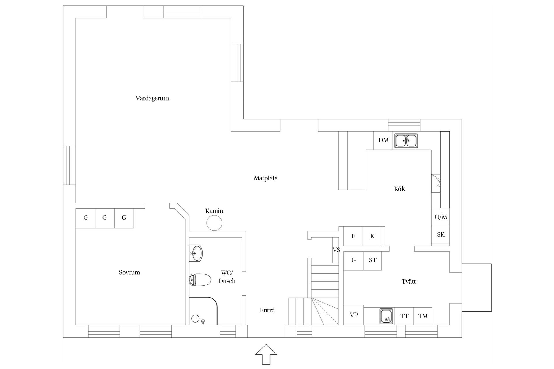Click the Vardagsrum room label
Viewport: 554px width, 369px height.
tap(152, 98)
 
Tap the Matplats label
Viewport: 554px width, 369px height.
tap(265, 178)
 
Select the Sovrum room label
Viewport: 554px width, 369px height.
tap(129, 272)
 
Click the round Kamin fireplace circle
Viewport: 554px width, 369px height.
tap(214, 223)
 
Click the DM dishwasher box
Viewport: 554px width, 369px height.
tap(383, 140)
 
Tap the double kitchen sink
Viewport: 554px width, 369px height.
tap(406, 141)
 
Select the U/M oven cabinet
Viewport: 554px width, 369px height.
tap(441, 217)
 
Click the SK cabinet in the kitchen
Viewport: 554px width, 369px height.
tap(441, 235)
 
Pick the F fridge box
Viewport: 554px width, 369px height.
tap(353, 236)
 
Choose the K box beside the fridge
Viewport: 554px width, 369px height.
tap(372, 236)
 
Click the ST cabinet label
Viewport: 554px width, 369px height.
tap(373, 260)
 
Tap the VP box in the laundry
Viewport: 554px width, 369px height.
tap(353, 315)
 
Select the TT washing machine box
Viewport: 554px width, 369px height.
tap(404, 316)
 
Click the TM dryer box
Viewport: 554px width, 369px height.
tap(423, 316)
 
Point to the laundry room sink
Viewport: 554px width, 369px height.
tap(386, 316)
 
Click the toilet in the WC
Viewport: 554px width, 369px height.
tap(200, 280)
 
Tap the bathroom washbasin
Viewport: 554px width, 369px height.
tap(196, 253)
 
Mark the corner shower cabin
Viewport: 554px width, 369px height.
tap(203, 311)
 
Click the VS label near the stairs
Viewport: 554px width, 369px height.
tap(336, 250)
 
